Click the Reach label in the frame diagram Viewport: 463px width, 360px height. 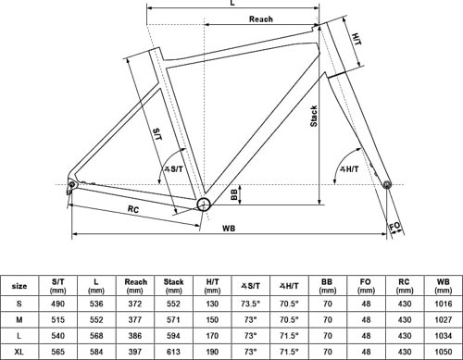(261, 19)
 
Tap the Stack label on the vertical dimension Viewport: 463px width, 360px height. (314, 116)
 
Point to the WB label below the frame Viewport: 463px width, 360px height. (229, 229)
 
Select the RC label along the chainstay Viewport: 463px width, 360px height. (133, 209)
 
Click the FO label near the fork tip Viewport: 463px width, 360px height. (394, 227)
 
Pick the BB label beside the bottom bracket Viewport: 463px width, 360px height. (234, 194)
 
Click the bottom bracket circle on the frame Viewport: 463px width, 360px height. (204, 205)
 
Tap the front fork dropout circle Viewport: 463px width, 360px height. (387, 185)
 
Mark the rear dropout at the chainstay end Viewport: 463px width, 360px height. (72, 184)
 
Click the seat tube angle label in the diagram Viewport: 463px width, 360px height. (173, 169)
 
